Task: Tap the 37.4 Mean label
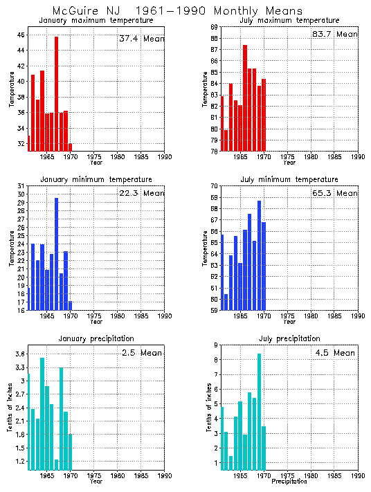(x=141, y=39)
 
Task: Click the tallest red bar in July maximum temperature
(x=245, y=97)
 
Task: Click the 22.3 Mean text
(x=141, y=193)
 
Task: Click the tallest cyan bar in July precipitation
(x=259, y=411)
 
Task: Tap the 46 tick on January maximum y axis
(x=21, y=35)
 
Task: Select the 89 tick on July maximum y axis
(x=214, y=26)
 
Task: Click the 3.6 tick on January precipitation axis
(x=19, y=354)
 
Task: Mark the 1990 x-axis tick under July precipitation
(x=358, y=476)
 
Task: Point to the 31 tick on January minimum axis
(x=21, y=186)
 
